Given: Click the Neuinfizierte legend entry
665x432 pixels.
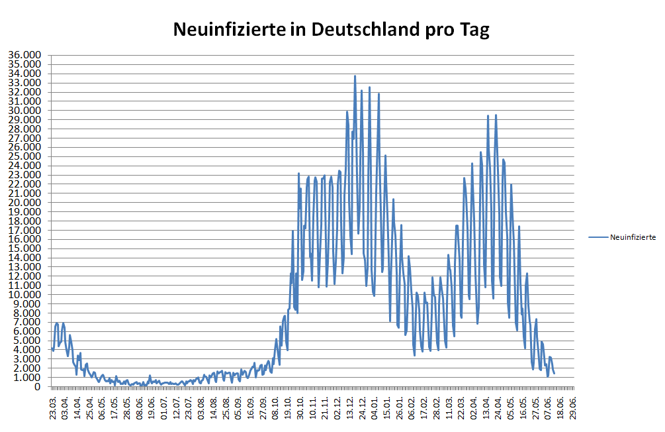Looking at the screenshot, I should point(632,237).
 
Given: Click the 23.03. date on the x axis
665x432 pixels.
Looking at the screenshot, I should point(52,405).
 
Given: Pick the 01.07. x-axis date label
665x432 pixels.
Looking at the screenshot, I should point(164,405).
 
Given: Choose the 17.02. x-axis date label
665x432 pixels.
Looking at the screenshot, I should point(424,405).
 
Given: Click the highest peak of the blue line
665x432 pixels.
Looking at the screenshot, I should point(355,76).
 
